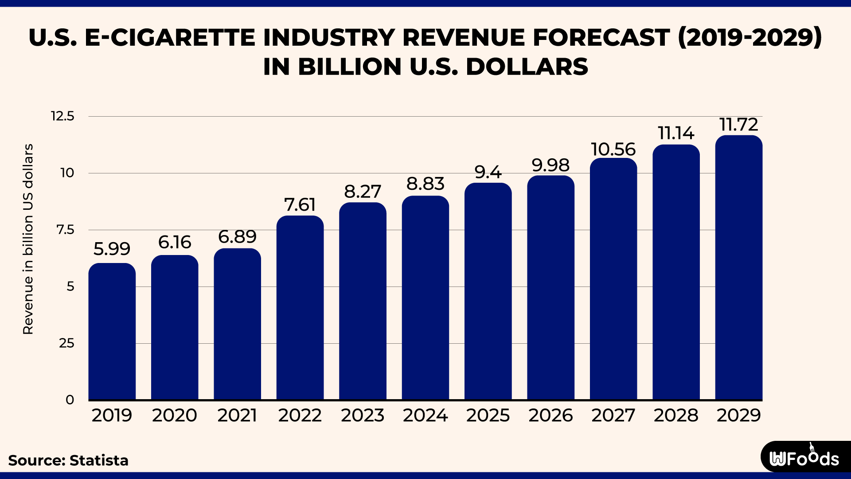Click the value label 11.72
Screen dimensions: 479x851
click(x=738, y=125)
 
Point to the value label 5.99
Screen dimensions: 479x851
click(x=112, y=249)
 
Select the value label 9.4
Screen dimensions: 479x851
click(x=488, y=172)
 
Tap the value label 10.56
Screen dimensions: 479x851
click(x=613, y=149)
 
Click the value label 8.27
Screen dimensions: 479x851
click(x=363, y=192)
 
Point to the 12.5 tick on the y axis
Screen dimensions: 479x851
click(x=62, y=116)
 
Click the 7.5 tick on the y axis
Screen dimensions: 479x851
click(x=65, y=230)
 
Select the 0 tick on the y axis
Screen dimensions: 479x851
click(x=70, y=400)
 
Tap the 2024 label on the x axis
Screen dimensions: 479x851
click(x=425, y=416)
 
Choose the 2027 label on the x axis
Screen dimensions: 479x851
click(x=613, y=416)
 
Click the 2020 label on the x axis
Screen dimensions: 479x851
click(x=175, y=416)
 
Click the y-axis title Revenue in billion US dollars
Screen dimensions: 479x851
click(x=28, y=239)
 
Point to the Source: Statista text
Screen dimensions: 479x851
click(x=68, y=460)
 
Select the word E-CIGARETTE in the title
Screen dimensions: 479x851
click(x=170, y=37)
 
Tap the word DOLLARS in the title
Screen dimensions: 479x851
click(x=527, y=67)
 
